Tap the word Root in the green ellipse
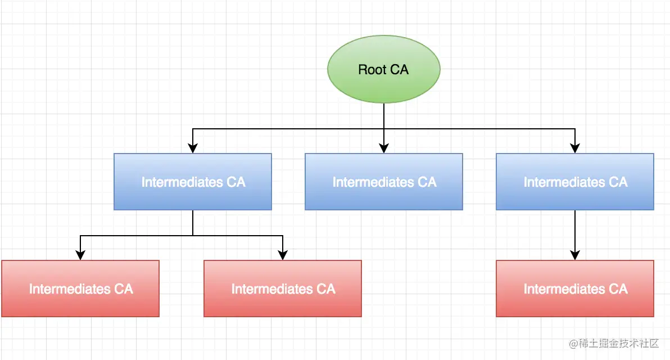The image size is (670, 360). [371, 70]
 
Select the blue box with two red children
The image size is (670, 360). [193, 182]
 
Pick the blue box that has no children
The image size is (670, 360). [384, 182]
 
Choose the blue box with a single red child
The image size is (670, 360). [575, 182]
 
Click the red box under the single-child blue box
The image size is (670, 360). [575, 289]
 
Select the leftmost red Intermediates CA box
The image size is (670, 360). [80, 289]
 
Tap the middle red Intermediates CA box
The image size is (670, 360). [283, 289]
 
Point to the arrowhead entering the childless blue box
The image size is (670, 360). [384, 149]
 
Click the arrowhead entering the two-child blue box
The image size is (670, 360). [193, 149]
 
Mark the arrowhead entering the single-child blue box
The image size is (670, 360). [575, 149]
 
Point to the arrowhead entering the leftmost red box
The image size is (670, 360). [80, 256]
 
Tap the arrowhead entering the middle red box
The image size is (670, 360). [283, 256]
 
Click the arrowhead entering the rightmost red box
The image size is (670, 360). [575, 256]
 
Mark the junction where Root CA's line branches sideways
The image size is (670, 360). [384, 129]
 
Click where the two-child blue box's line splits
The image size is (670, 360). [193, 235]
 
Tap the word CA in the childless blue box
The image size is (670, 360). [427, 182]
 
